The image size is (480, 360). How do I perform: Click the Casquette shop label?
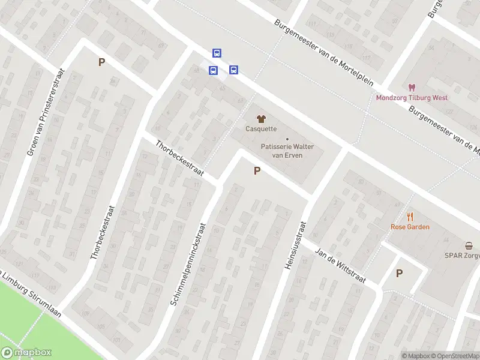[261, 128]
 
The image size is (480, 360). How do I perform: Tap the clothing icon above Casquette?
[261, 118]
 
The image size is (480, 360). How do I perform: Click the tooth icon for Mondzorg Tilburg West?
[412, 88]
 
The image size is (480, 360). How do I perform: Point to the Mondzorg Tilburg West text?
[412, 98]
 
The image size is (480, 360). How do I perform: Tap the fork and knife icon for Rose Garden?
[410, 217]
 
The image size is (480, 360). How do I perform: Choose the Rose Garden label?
[410, 227]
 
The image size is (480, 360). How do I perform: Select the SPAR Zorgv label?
[462, 255]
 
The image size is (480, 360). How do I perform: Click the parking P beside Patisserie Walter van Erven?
[257, 171]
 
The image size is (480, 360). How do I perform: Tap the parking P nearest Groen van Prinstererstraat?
[101, 62]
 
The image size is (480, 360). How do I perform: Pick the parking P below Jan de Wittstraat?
[399, 273]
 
